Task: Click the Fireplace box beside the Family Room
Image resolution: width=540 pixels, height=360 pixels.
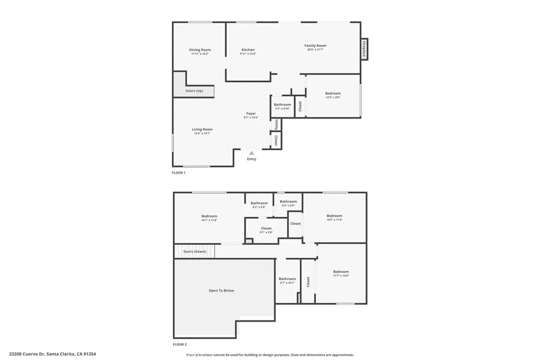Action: (x=364, y=50)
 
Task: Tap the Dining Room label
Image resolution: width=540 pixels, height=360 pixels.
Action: (x=200, y=50)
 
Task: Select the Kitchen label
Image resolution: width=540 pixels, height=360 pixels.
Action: (x=248, y=50)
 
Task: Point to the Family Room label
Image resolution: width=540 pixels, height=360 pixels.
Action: (x=315, y=46)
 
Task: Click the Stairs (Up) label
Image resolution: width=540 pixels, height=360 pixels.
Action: (x=194, y=91)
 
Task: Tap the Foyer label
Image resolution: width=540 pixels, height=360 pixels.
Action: (x=251, y=113)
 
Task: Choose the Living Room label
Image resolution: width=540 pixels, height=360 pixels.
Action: (x=202, y=129)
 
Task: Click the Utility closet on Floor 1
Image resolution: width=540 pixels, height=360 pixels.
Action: (x=276, y=124)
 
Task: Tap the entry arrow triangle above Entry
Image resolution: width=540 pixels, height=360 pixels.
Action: (x=252, y=153)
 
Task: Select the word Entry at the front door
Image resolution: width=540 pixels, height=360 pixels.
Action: (x=252, y=159)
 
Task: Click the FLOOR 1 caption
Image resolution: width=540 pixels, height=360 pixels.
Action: (x=179, y=172)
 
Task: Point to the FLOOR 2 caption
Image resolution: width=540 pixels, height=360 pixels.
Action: (x=179, y=344)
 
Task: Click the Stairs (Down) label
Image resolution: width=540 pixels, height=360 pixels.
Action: (x=195, y=251)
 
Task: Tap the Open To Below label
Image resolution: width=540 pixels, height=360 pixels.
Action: (x=221, y=290)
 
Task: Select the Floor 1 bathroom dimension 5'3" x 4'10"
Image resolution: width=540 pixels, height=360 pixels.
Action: (x=282, y=109)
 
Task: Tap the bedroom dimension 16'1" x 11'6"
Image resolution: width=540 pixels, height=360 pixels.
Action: (x=209, y=220)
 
